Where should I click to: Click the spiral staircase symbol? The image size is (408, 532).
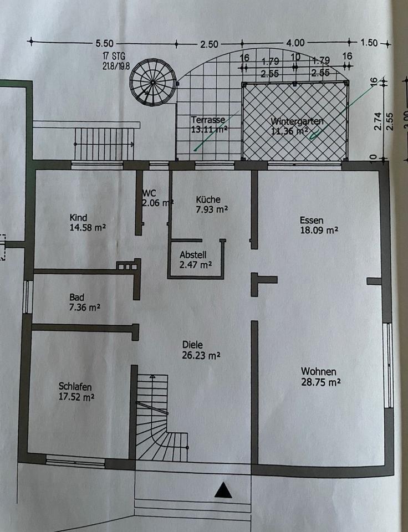(x=152, y=83)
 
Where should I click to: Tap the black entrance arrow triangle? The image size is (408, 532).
(x=223, y=489)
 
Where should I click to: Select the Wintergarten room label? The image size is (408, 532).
(x=297, y=122)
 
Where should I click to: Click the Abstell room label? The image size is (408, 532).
(x=193, y=255)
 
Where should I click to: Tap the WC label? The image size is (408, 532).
(x=149, y=193)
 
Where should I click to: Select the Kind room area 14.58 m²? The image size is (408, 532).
(x=88, y=228)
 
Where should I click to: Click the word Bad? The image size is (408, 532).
(x=77, y=296)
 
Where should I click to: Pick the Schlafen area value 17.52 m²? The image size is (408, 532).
(x=76, y=397)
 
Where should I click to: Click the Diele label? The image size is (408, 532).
(x=192, y=345)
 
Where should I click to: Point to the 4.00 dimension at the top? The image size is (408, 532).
(x=295, y=43)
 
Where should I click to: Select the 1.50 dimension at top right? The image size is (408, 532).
(x=368, y=43)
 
